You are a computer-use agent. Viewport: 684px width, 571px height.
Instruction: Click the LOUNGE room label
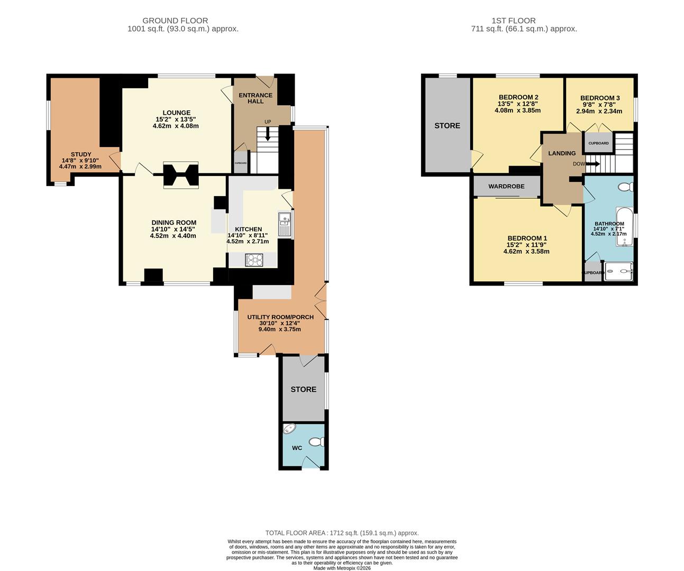tap(176, 113)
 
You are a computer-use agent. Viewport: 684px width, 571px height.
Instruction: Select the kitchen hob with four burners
tap(254, 260)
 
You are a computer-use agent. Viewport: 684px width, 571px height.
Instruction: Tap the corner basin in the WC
tap(288, 429)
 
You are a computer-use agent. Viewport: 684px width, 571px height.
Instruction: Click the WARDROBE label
tap(506, 186)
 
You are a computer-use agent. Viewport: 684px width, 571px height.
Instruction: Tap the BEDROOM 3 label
tap(599, 98)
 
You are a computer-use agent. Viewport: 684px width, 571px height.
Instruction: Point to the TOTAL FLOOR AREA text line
tap(342, 533)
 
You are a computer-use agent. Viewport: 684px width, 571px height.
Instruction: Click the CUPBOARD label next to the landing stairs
tap(598, 143)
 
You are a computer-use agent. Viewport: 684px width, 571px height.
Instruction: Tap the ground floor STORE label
tap(303, 389)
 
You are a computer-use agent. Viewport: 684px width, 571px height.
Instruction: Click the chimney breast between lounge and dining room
tap(180, 175)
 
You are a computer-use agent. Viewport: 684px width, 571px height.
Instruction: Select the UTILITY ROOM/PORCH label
tap(280, 317)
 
